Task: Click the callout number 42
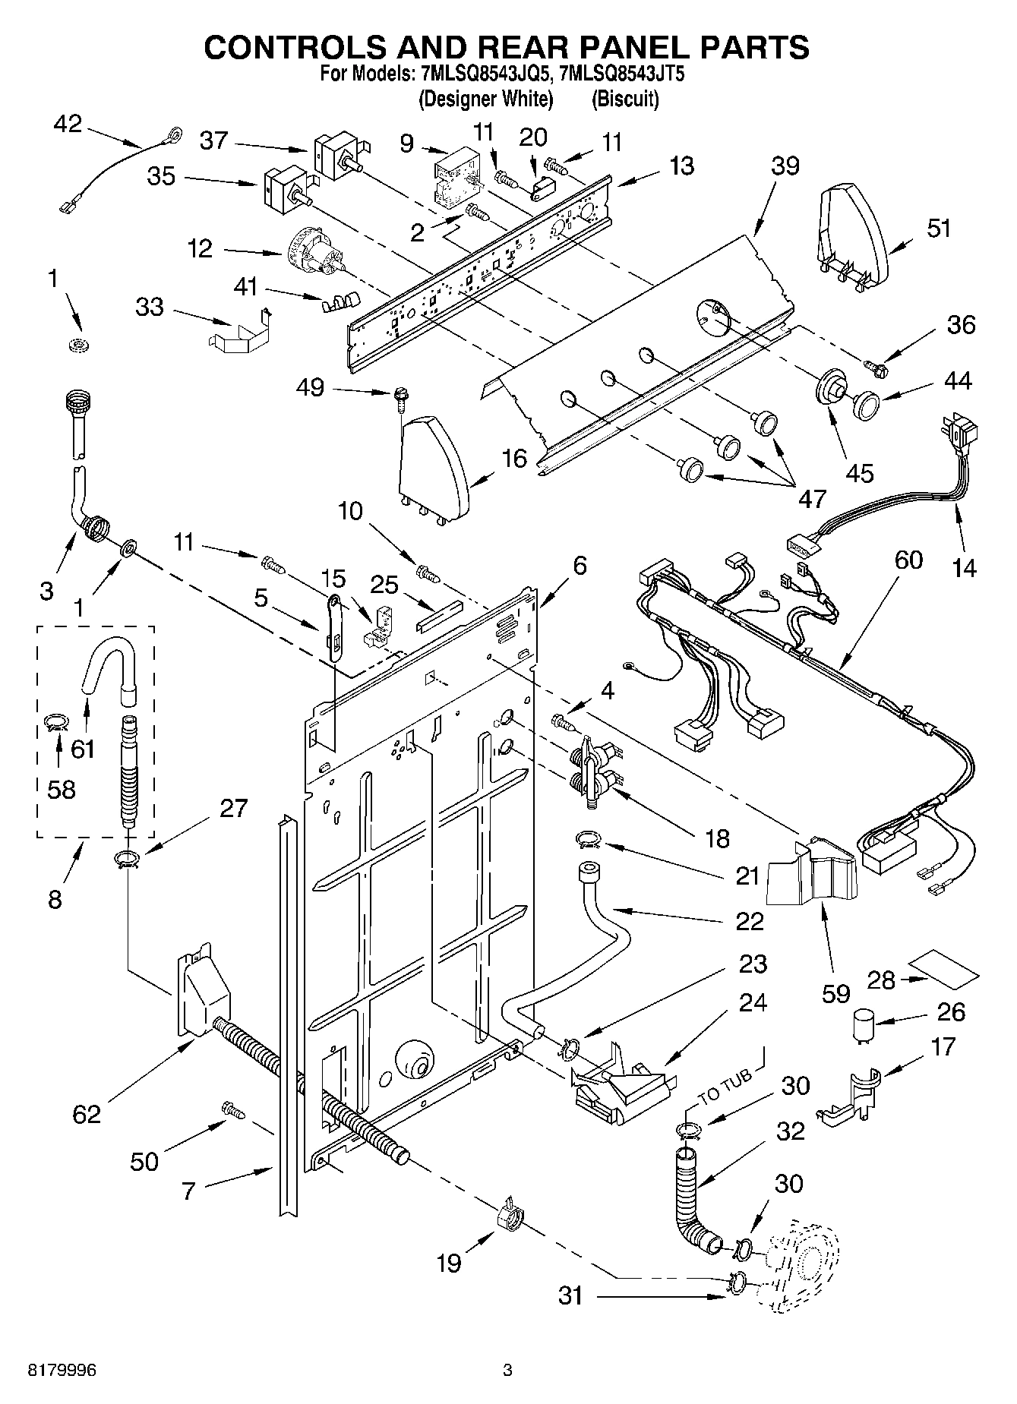68,124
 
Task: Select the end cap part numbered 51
853,232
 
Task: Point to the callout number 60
908,560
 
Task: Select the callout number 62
87,1114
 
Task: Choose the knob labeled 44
864,404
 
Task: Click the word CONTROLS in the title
305,47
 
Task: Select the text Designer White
485,99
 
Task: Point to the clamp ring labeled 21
588,839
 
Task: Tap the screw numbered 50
232,1111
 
